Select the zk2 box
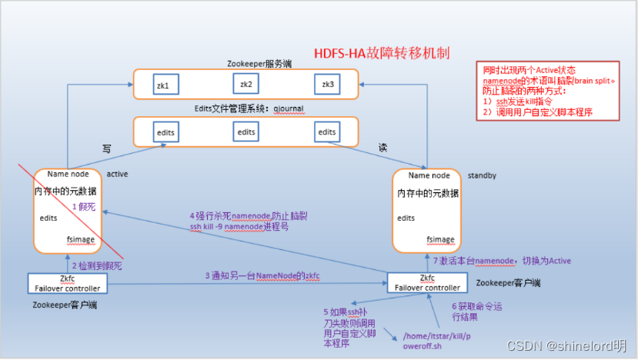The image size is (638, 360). click(246, 83)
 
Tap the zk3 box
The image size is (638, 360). click(326, 83)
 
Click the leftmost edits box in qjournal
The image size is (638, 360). click(166, 132)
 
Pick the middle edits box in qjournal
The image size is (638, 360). click(246, 132)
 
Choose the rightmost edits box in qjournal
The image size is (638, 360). click(326, 132)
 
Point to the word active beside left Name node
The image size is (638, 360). click(117, 174)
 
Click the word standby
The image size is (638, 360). click(482, 175)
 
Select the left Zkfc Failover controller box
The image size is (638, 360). click(68, 282)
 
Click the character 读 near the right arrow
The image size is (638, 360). click(382, 146)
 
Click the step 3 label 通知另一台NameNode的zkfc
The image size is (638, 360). click(261, 275)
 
